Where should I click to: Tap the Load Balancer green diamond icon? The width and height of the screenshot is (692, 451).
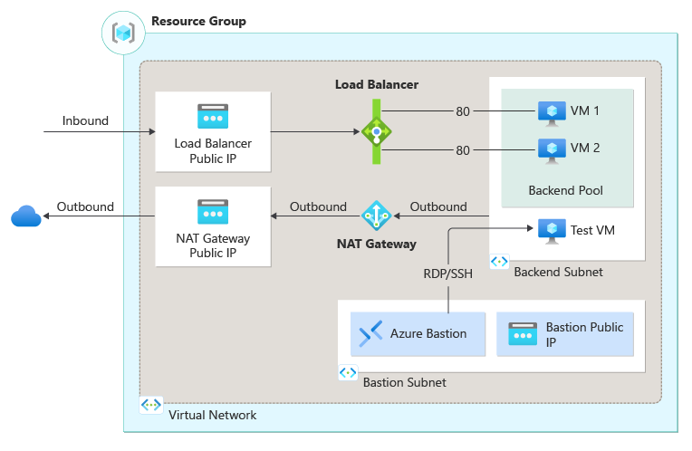376,132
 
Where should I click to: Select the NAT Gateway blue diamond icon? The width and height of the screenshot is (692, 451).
376,216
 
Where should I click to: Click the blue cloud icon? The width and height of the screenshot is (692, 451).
26,216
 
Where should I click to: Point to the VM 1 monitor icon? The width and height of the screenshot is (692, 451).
551,111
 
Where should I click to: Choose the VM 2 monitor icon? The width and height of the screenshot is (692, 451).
551,149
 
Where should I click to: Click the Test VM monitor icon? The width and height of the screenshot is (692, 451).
551,230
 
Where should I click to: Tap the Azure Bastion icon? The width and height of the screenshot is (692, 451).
371,333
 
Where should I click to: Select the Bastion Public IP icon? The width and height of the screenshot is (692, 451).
524,333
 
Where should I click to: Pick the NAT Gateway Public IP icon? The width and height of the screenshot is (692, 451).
213,212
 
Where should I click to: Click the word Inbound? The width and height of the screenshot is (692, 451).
85,121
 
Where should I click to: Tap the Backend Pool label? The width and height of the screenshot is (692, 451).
565,190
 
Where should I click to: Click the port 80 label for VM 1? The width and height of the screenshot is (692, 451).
463,112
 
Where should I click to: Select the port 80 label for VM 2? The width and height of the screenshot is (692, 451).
463,150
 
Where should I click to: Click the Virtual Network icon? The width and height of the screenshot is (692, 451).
151,406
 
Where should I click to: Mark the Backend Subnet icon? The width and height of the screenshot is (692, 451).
499,262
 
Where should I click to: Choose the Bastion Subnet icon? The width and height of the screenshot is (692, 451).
348,373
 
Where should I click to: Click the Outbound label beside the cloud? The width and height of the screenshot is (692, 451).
85,206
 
